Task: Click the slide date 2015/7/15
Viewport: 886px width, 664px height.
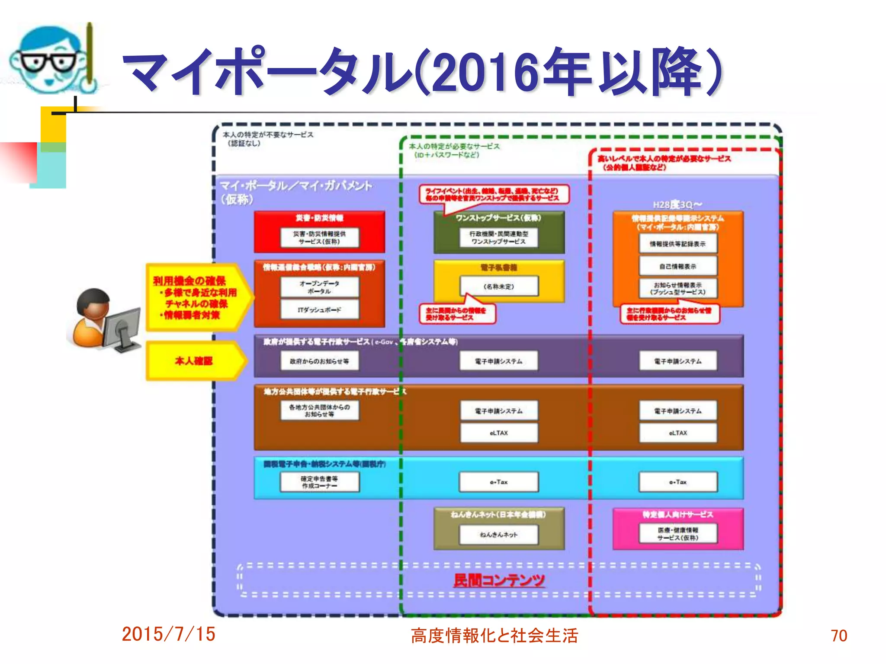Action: tap(168, 634)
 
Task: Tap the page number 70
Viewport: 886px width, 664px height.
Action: tap(838, 635)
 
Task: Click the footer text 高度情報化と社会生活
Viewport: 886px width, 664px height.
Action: tap(494, 635)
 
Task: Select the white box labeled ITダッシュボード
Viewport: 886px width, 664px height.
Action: tap(319, 310)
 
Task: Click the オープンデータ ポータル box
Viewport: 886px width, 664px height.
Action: tap(319, 287)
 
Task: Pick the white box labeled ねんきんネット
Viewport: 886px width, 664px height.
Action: tap(499, 535)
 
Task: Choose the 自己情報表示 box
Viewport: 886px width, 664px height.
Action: tap(678, 266)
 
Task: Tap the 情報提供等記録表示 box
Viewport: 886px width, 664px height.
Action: tap(678, 244)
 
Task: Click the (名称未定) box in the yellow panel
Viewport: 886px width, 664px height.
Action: tap(499, 286)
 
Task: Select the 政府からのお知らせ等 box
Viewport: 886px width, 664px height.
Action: tap(319, 361)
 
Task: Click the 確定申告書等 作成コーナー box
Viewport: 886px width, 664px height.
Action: tap(319, 482)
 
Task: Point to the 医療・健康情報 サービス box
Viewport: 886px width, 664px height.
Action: tap(678, 533)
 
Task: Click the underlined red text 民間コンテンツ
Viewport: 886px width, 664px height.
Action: tap(499, 580)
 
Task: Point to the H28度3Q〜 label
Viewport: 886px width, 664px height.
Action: tap(677, 204)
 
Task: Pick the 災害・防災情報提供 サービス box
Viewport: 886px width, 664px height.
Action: tap(319, 237)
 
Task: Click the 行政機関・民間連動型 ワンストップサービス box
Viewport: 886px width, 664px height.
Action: tap(499, 237)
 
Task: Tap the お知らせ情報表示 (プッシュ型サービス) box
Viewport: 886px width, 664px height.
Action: tap(678, 288)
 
